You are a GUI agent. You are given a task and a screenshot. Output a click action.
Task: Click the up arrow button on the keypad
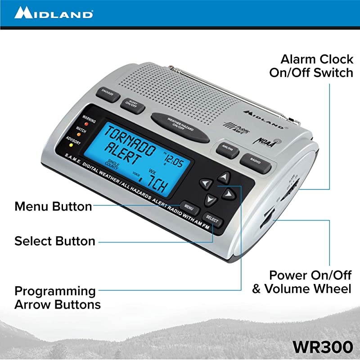pyautogui.click(x=226, y=176)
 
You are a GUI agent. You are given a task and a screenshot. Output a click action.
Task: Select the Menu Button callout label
pyautogui.click(x=53, y=207)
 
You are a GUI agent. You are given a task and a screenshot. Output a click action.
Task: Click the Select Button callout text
pyautogui.click(x=55, y=241)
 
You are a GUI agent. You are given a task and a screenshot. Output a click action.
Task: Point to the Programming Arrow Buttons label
pyautogui.click(x=57, y=297)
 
